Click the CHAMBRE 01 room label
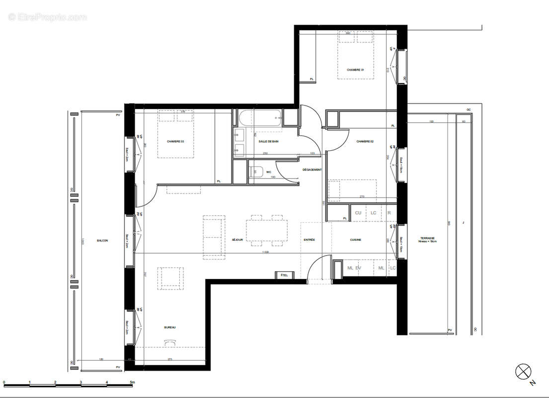pyautogui.click(x=355, y=70)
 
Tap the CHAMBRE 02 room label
pyautogui.click(x=365, y=142)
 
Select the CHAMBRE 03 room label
pyautogui.click(x=175, y=142)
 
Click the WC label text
pyautogui.click(x=269, y=172)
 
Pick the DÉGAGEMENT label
pyautogui.click(x=312, y=170)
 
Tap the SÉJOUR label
pyautogui.click(x=237, y=240)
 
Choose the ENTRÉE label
pyautogui.click(x=310, y=240)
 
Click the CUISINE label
pyautogui.click(x=355, y=240)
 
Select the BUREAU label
pyautogui.click(x=170, y=327)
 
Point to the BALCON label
pyautogui.click(x=102, y=240)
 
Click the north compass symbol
pyautogui.click(x=523, y=371)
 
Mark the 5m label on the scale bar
pyautogui.click(x=132, y=382)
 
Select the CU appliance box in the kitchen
pyautogui.click(x=358, y=213)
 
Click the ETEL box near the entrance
pyautogui.click(x=285, y=275)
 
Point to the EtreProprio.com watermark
pyautogui.click(x=48, y=17)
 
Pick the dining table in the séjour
pyautogui.click(x=266, y=231)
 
